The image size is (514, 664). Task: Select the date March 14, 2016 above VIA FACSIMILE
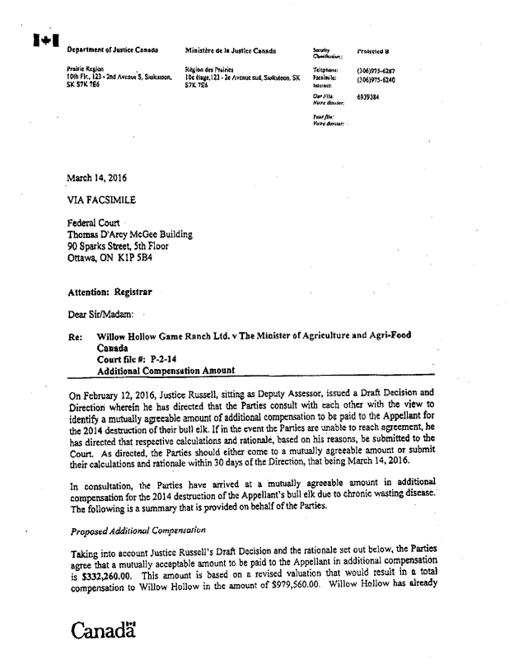pos(96,177)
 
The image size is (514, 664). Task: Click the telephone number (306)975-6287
pos(376,71)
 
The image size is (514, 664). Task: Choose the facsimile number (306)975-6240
pos(376,80)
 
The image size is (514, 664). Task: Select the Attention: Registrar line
pos(110,292)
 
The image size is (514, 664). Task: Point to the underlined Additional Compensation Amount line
pos(166,371)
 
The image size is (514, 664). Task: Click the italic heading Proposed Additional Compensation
pos(137,530)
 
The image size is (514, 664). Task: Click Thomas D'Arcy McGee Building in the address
pos(129,234)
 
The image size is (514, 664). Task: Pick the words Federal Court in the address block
pos(94,222)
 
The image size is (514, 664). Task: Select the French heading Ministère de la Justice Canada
pos(231,51)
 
